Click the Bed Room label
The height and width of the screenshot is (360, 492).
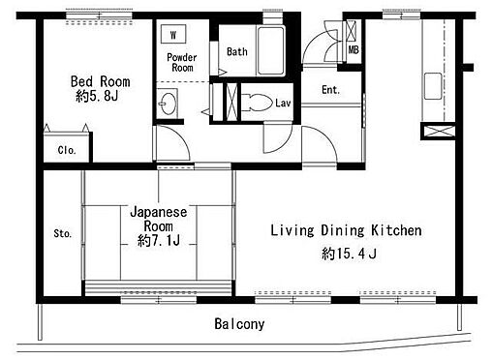click(101, 81)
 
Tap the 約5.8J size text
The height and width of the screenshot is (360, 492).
click(97, 96)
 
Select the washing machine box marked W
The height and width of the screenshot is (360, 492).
click(173, 34)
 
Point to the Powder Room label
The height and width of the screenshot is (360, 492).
click(182, 62)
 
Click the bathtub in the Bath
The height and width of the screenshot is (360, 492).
click(271, 50)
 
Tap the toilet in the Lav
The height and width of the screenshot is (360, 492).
click(257, 103)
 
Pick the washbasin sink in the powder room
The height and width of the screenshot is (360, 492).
click(169, 104)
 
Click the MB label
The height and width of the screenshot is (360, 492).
click(354, 50)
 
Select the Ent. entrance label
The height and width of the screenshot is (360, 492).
click(330, 90)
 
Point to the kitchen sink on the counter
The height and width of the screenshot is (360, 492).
click(433, 86)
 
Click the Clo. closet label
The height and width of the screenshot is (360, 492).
click(67, 150)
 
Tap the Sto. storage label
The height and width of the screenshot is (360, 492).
click(63, 233)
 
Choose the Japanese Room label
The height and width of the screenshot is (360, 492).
click(159, 219)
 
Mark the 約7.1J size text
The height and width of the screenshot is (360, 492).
click(159, 240)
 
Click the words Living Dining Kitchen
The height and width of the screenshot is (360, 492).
click(346, 230)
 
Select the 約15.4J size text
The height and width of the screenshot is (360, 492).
click(349, 254)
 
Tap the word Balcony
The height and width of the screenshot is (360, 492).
click(239, 324)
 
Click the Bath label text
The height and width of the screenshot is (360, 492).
click(237, 51)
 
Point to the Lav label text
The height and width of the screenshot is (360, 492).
click(283, 103)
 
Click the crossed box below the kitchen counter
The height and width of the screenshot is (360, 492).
click(440, 131)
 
